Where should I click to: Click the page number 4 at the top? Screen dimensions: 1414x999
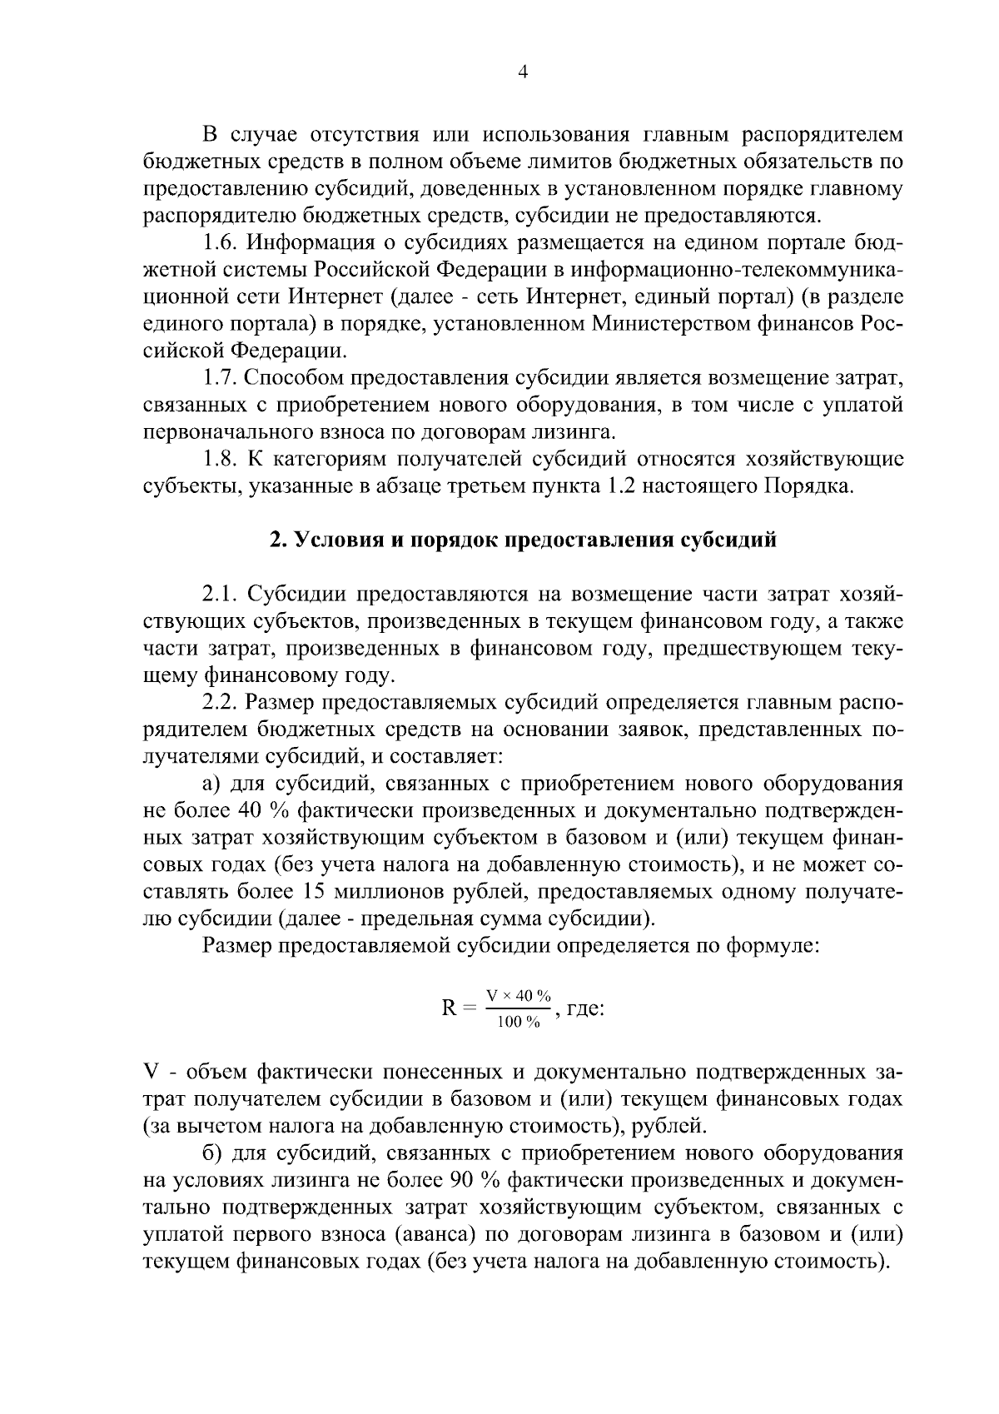coord(523,72)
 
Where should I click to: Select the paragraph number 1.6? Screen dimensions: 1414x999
coord(221,243)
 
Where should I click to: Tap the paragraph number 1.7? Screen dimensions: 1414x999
coord(221,379)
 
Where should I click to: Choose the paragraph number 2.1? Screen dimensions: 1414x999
coord(221,594)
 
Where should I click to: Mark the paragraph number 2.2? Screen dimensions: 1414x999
coord(221,702)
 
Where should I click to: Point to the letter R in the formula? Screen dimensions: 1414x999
coord(449,1008)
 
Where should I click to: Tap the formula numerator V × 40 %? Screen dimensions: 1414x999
coord(519,996)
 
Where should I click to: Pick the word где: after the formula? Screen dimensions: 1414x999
coord(584,1008)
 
